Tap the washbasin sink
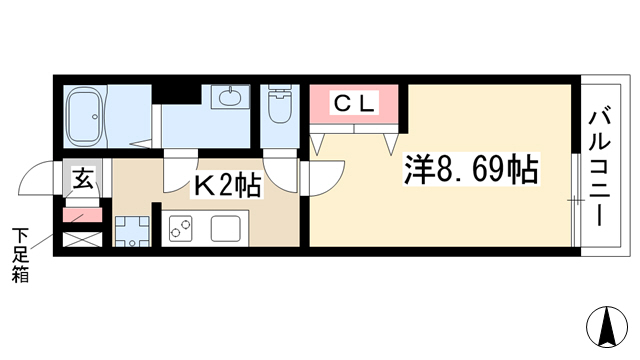(229, 97)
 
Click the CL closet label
(354, 104)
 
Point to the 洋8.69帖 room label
(471, 169)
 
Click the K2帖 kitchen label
(227, 187)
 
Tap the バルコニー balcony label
(600, 164)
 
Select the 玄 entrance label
(83, 178)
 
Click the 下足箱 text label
(20, 256)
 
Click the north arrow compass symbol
(607, 326)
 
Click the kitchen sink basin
(225, 228)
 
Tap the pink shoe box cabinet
(82, 215)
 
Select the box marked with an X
(82, 239)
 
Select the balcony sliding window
(576, 200)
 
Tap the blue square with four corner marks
(132, 231)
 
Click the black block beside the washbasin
(176, 94)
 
